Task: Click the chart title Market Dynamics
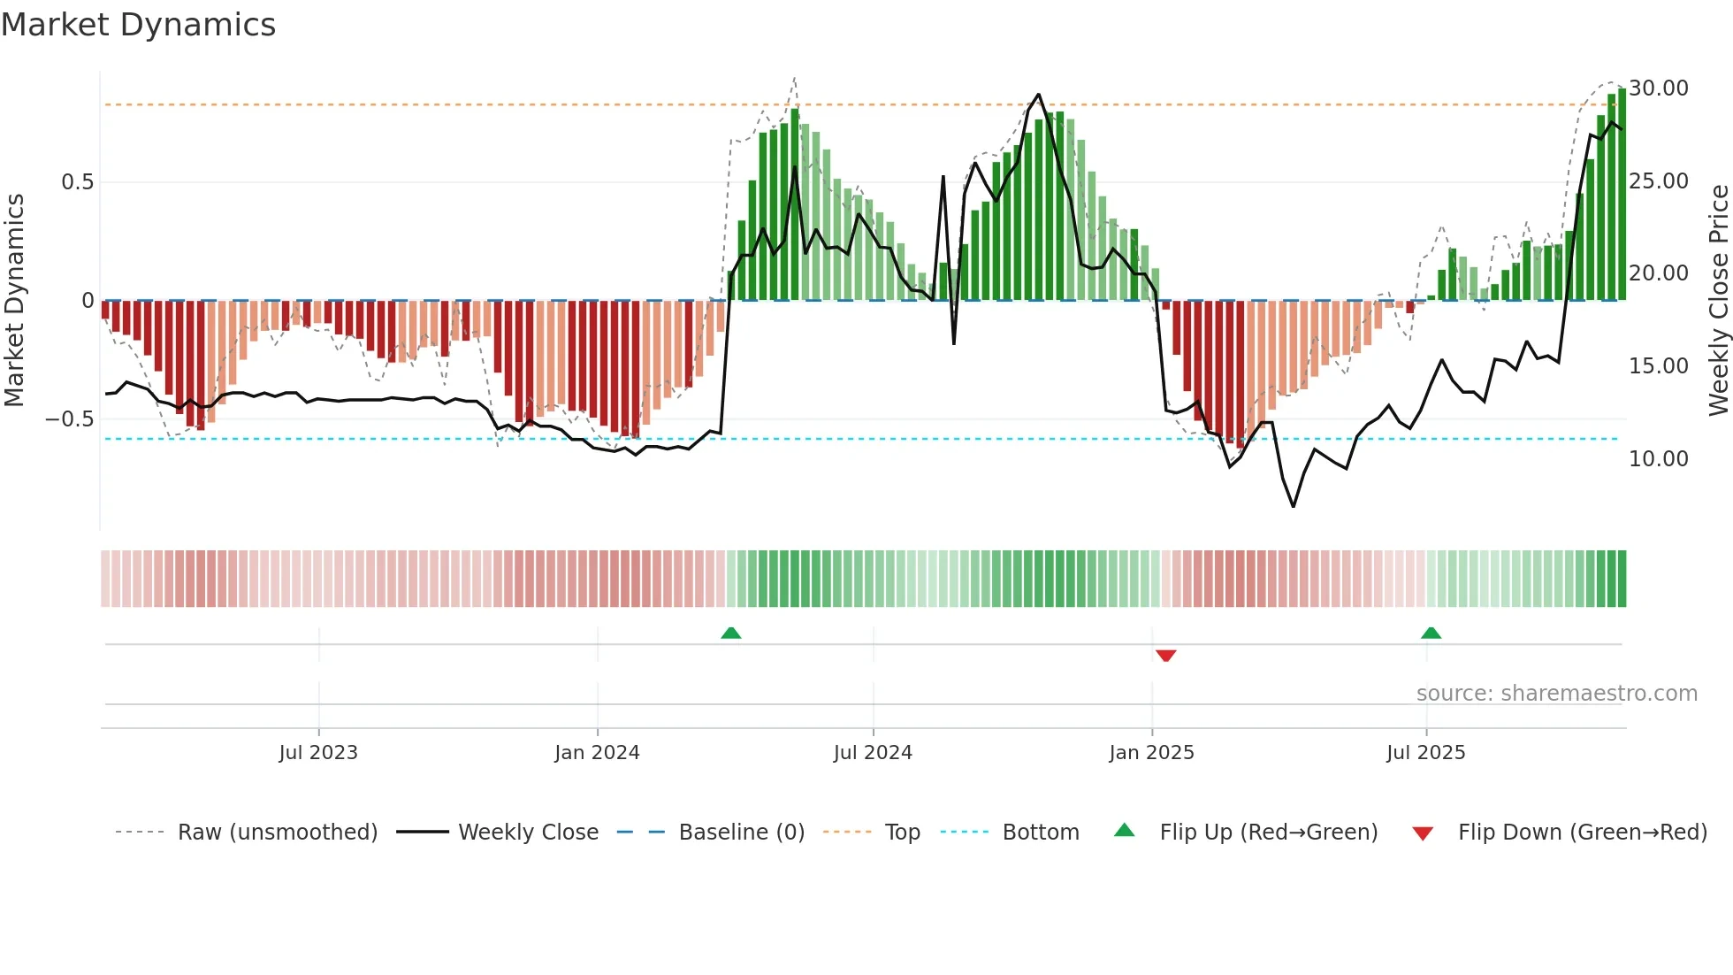[x=138, y=25]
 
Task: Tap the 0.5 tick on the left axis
[x=77, y=182]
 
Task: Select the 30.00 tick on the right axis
[x=1659, y=88]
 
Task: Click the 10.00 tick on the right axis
[x=1659, y=459]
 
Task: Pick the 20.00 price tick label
[x=1659, y=273]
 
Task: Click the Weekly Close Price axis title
[x=1718, y=301]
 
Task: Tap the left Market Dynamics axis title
[x=14, y=301]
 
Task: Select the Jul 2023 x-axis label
[x=318, y=753]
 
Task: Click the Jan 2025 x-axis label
[x=1151, y=753]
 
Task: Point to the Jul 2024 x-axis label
[x=873, y=753]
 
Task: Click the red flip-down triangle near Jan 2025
[x=1165, y=656]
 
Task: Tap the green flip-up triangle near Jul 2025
[x=1431, y=633]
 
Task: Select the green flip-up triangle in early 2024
[x=730, y=633]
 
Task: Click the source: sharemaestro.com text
[x=1556, y=694]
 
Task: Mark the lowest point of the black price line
[x=1294, y=506]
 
